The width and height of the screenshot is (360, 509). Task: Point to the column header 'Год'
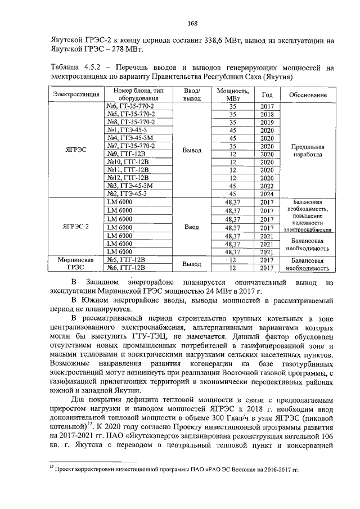coord(267,95)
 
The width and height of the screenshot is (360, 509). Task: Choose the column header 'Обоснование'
coord(308,95)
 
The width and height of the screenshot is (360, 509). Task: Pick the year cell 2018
coord(267,114)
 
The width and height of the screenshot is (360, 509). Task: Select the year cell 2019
coord(267,122)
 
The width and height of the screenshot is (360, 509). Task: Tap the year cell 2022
coord(267,186)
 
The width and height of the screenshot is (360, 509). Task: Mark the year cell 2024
coord(267,193)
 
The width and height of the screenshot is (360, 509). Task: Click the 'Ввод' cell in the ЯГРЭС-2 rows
coord(192,227)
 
